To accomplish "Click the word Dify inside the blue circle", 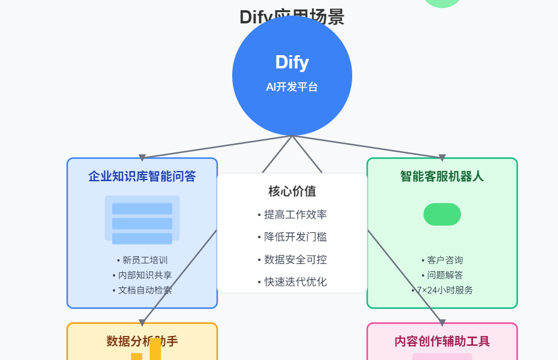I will coord(292,62).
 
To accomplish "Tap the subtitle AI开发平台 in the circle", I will coord(292,87).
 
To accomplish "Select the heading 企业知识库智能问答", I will coord(142,176).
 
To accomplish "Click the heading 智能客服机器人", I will coord(442,176).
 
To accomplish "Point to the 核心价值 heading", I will coord(292,191).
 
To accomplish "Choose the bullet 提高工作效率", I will coord(292,215).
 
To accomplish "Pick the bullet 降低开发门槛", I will coord(292,237).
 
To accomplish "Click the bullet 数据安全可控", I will coord(292,260).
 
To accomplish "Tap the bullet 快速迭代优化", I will coord(292,282).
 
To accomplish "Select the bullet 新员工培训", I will coord(142,260).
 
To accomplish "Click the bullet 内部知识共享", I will coord(142,275).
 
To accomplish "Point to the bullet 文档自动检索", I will coord(142,290).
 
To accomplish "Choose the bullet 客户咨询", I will coord(442,260).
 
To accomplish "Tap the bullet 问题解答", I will coord(442,275).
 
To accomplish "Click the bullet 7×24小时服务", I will coord(442,290).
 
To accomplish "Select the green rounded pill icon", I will coord(442,214).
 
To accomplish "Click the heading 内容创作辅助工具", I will coord(442,341).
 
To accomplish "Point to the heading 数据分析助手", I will coord(142,341).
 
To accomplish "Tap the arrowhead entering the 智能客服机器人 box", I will coord(442,158).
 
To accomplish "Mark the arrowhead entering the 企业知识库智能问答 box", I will coord(142,158).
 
